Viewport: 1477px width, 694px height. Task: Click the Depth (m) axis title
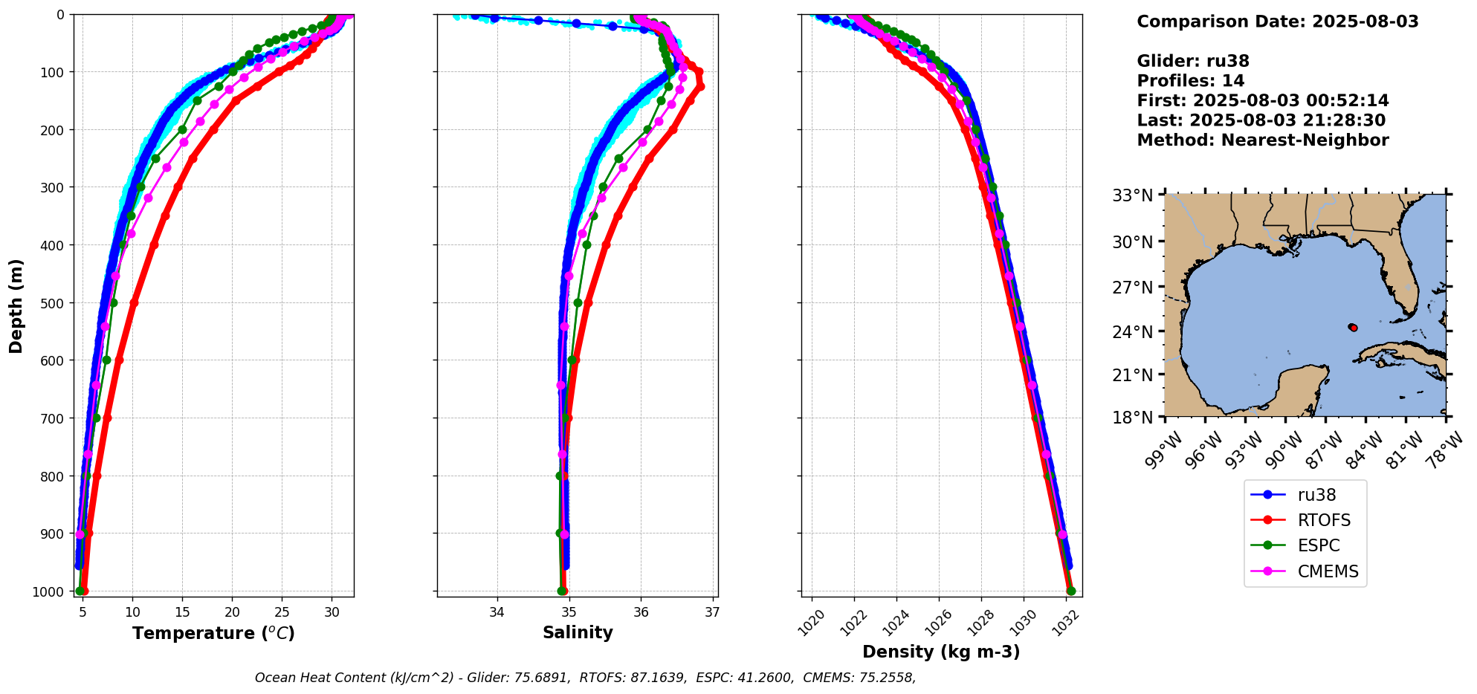(16, 305)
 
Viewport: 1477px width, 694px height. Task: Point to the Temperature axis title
(213, 633)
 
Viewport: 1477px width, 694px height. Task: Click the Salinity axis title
(578, 633)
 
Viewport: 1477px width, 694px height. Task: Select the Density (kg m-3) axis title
(941, 652)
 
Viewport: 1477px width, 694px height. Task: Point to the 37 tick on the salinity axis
(712, 612)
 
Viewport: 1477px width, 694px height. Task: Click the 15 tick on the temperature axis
(182, 612)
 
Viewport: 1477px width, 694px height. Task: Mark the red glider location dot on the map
(1354, 328)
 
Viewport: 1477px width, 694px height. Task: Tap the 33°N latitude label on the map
(1132, 196)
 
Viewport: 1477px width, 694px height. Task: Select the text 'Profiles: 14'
(1190, 81)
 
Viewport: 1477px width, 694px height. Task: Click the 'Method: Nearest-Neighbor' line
(1262, 140)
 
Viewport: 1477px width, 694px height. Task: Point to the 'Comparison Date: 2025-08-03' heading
(1277, 22)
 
